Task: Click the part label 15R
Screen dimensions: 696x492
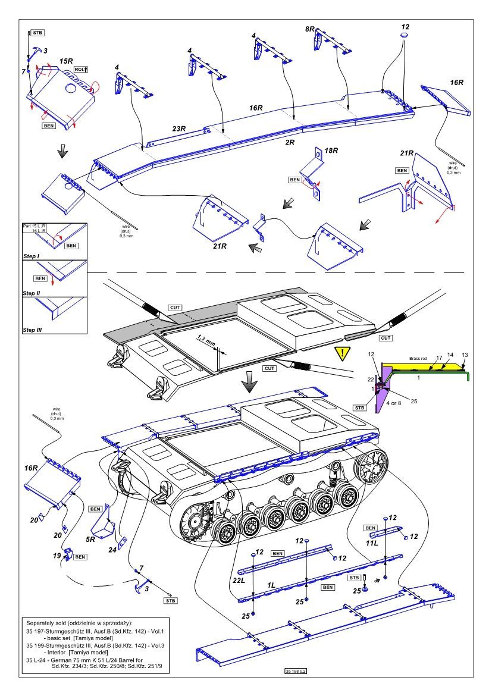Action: pyautogui.click(x=66, y=61)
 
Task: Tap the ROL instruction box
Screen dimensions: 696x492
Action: pyautogui.click(x=81, y=70)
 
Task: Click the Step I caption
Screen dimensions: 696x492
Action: pyautogui.click(x=33, y=254)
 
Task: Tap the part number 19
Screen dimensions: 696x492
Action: pyautogui.click(x=57, y=557)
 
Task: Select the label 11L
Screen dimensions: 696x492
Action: pyautogui.click(x=372, y=543)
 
